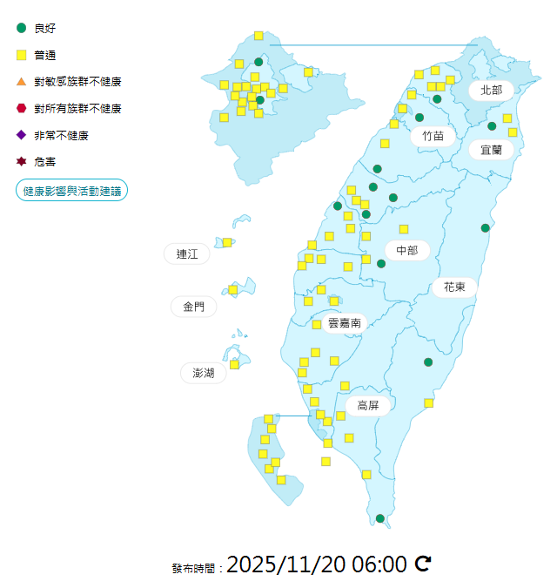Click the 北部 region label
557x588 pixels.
(491, 90)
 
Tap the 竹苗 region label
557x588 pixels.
(433, 136)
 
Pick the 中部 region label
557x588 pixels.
(406, 251)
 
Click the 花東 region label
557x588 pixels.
(454, 287)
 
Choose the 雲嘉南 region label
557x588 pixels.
(345, 323)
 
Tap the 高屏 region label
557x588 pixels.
(368, 406)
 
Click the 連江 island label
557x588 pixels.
(187, 254)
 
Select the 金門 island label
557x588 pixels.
(193, 307)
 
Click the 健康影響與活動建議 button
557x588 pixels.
(72, 191)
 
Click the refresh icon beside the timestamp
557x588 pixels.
(423, 564)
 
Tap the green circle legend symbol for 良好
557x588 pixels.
(21, 28)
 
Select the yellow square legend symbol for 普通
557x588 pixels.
(21, 55)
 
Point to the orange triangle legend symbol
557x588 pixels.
(21, 82)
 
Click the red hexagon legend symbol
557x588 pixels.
(21, 109)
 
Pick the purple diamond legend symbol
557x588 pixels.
(21, 135)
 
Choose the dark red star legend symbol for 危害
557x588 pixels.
(21, 162)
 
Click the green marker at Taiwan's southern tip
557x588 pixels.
(380, 519)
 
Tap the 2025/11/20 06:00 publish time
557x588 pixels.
(317, 564)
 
